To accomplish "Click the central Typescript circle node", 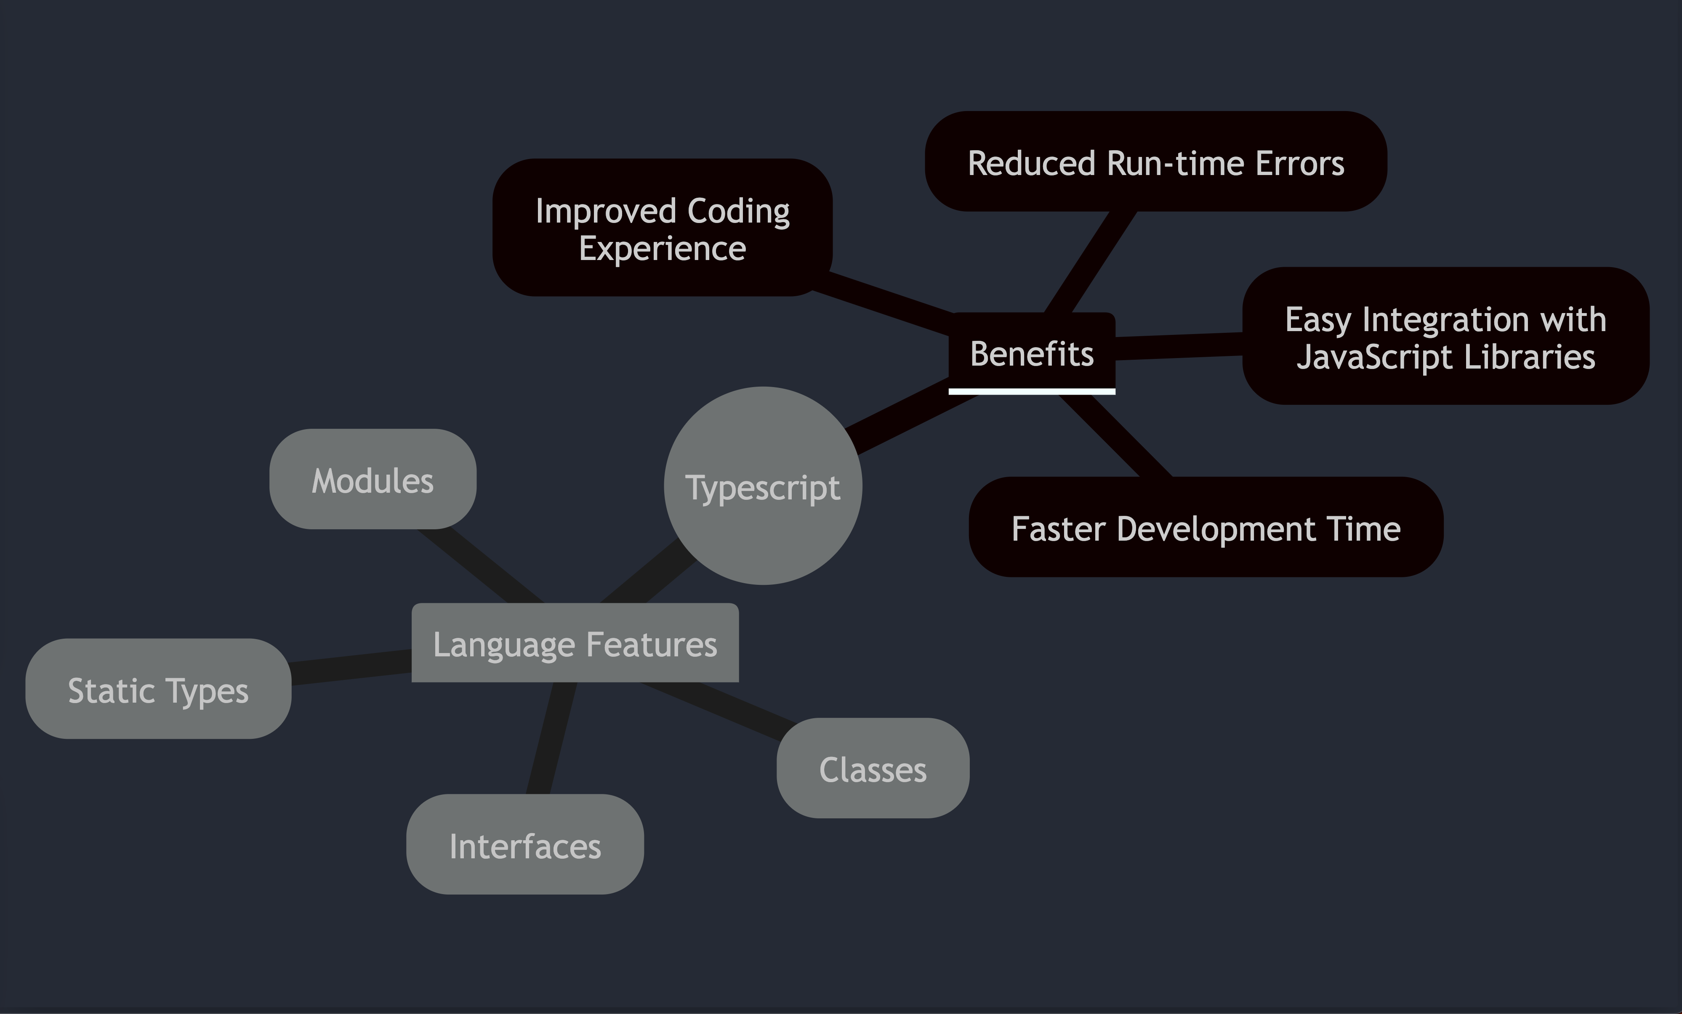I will pos(762,486).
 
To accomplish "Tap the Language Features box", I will pos(575,643).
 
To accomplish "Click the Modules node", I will pos(373,479).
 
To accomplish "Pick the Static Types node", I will pos(158,689).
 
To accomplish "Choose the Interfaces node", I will pos(525,845).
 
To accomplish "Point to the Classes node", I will pos(873,768).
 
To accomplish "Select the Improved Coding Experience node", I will pos(662,228).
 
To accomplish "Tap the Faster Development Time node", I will pos(1206,528).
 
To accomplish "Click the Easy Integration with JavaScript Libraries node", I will pos(1445,337).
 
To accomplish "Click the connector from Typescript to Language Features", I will pos(649,573).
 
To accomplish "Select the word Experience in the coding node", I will pos(662,248).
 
